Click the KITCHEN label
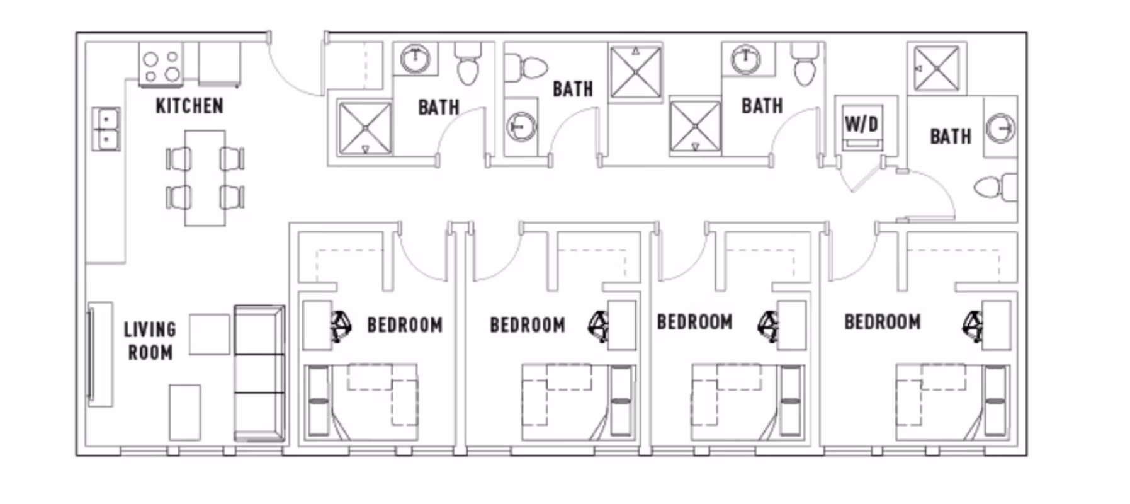coord(189,106)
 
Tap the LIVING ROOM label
coord(150,341)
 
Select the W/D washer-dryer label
coord(861,123)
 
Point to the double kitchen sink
coord(106,129)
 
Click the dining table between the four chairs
coord(205,178)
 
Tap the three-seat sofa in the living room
coord(259,374)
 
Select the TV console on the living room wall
coord(99,354)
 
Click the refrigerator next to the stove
coord(220,64)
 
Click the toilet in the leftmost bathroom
coord(468,64)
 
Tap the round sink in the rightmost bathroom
coord(999,129)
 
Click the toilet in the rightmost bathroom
coord(995,188)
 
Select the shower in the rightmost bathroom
coord(936,69)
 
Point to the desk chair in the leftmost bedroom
coord(341,325)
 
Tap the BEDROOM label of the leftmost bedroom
coord(405,325)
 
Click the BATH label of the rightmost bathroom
coord(950,136)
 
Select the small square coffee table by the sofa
coord(209,335)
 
